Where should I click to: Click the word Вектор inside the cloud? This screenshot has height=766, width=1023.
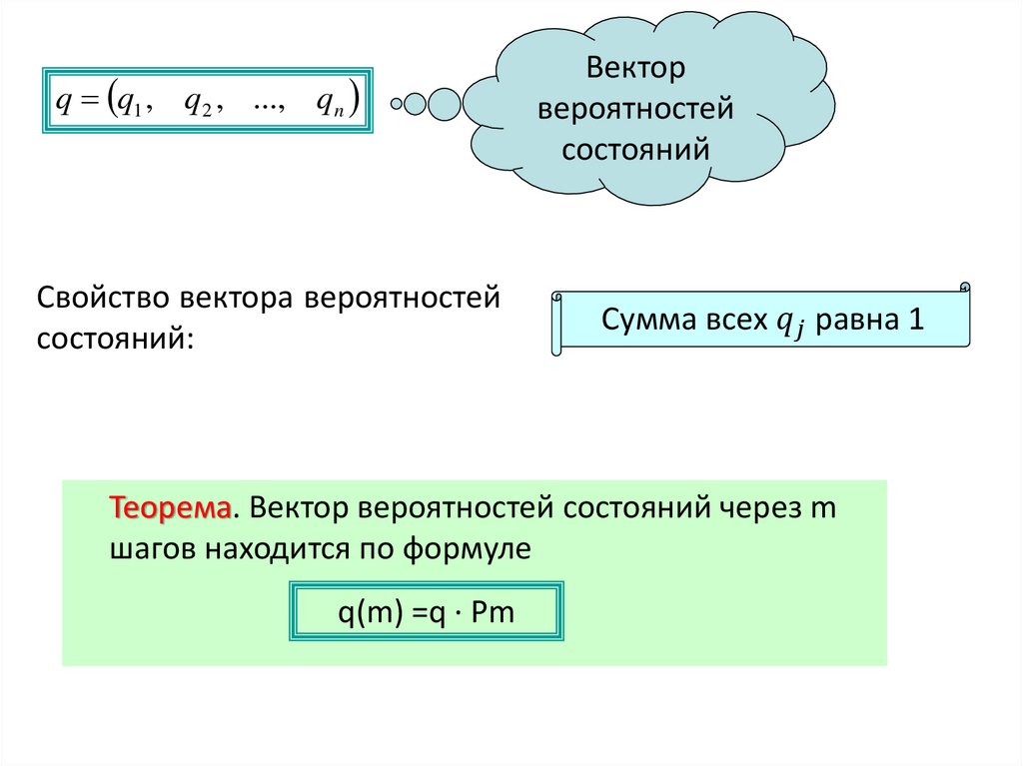click(x=634, y=69)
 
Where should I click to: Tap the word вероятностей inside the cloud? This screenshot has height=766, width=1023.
click(x=634, y=109)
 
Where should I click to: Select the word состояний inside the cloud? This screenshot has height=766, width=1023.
click(x=634, y=149)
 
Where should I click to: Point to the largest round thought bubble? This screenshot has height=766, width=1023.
click(x=444, y=103)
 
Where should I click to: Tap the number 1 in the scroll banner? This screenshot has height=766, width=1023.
click(x=916, y=321)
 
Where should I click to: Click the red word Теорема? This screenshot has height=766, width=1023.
click(x=171, y=507)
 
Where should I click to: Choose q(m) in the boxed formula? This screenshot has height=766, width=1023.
click(x=366, y=611)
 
